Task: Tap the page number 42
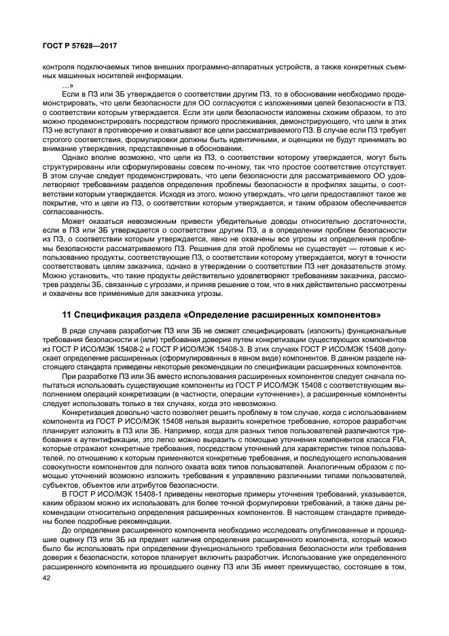(47, 578)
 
